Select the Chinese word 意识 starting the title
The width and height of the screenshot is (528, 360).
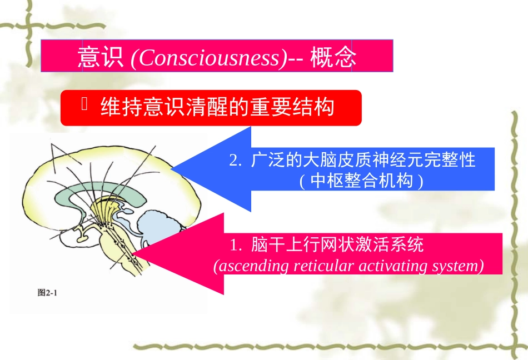101,58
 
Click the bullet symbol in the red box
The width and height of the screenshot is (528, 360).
85,104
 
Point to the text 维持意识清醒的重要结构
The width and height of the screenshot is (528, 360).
217,107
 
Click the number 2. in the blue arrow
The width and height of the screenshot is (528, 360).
236,161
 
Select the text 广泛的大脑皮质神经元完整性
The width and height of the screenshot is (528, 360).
363,161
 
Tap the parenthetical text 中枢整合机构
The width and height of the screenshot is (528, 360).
361,181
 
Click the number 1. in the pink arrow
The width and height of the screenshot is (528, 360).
236,245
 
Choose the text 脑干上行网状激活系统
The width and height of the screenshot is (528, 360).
337,245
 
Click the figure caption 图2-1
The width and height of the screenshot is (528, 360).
47,293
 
